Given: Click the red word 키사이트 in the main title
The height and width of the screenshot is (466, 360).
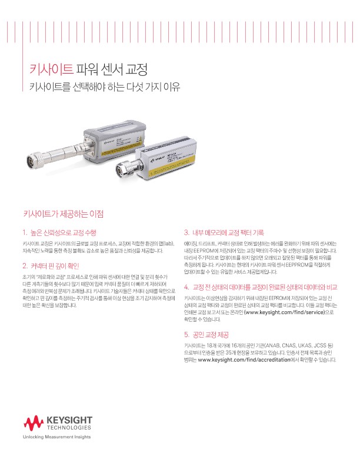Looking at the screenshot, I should click(x=51, y=69).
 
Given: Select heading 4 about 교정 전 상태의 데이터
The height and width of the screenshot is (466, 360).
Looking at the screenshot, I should click(x=260, y=287).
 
